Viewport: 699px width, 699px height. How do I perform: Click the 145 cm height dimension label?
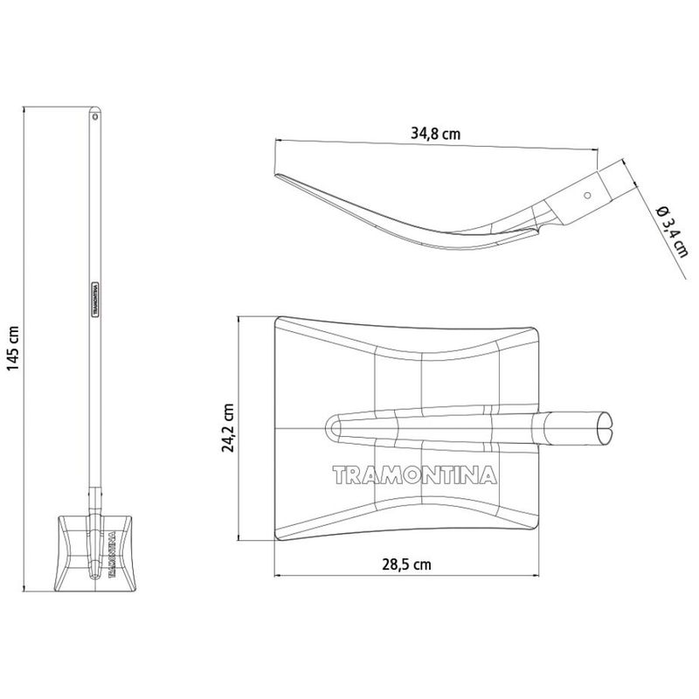(13, 349)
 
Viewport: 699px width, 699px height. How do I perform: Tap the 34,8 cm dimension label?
(435, 134)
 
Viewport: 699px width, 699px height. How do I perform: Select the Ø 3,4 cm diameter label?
(672, 232)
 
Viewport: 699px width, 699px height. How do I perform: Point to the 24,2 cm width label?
(228, 428)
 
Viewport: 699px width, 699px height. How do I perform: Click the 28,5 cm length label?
(406, 564)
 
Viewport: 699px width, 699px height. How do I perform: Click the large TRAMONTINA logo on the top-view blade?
(414, 475)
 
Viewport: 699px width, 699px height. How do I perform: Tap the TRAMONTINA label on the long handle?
(95, 300)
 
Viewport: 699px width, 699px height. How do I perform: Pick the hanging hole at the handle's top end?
(94, 116)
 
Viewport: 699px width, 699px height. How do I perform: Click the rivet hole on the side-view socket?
(587, 195)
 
